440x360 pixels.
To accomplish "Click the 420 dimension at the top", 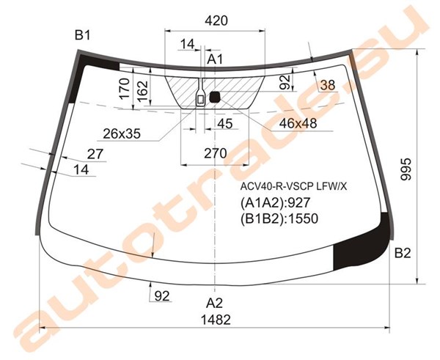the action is [x=216, y=21].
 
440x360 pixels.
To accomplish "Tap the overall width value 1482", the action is [x=216, y=320].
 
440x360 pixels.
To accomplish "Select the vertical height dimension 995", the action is [x=406, y=169].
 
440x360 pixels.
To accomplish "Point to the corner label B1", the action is [x=82, y=36].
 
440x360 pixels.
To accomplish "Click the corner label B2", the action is [x=403, y=253].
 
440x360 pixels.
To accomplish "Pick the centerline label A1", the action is [x=215, y=59].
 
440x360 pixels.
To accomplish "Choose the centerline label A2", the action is [x=215, y=303].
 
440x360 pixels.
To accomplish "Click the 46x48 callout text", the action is [x=298, y=123].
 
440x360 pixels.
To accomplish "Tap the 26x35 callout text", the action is [x=122, y=134].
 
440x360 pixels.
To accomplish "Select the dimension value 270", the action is [x=216, y=153].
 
